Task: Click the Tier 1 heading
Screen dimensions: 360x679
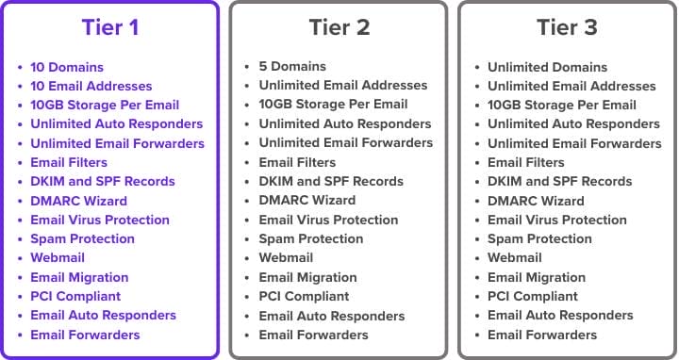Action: coord(110,27)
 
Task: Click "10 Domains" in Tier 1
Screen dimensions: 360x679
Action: coord(66,67)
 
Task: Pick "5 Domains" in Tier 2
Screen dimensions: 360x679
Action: coord(292,67)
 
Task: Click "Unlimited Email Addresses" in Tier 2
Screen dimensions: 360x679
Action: coord(342,86)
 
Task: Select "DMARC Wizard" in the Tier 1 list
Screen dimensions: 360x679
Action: coord(78,201)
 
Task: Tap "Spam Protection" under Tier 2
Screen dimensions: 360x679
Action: coord(310,239)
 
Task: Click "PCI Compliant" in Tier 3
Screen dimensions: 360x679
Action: coord(533,297)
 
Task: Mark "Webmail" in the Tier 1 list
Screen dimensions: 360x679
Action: coord(58,258)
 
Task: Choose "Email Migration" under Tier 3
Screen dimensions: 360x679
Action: coord(537,278)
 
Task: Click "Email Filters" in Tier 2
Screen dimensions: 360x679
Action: coord(297,163)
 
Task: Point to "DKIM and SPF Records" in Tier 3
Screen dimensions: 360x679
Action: coord(559,182)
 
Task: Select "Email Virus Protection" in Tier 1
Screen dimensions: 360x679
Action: coord(100,221)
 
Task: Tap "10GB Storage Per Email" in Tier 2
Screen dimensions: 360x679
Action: coord(333,105)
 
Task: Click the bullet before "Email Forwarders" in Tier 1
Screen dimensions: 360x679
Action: coord(21,335)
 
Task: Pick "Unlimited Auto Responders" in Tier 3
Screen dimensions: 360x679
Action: coord(573,124)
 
